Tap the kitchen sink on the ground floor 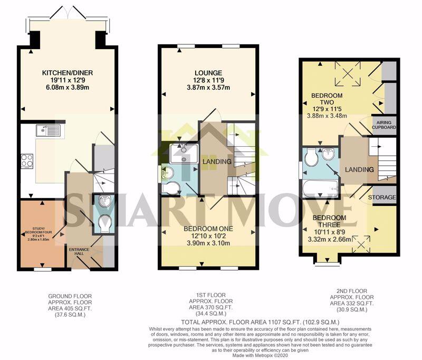[48, 130]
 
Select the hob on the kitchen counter [26, 160]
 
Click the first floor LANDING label [215, 161]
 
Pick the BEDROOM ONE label [210, 229]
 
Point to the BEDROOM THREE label [329, 222]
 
